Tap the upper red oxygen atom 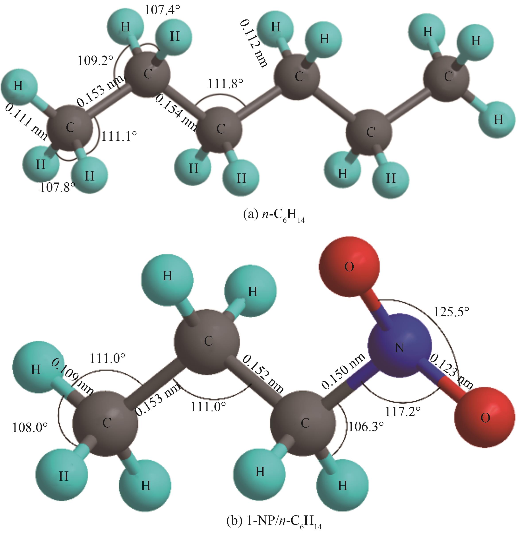coord(349,267)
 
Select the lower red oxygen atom coord(485,417)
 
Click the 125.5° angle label coord(451,312)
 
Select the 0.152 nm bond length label coord(263,374)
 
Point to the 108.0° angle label coord(30,428)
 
